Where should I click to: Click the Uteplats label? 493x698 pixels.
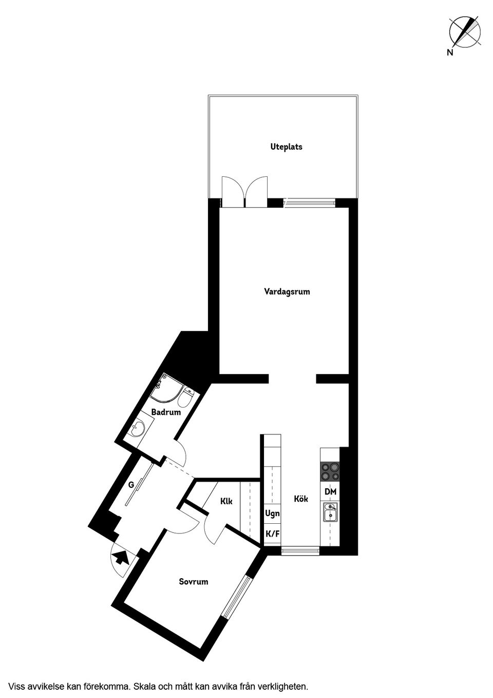[286, 147]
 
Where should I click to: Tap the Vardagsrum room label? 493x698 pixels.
[287, 292]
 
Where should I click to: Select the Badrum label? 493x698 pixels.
[166, 412]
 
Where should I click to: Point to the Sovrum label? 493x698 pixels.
[194, 582]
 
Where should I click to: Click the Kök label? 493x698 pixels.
[301, 499]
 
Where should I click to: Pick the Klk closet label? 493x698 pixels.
[226, 501]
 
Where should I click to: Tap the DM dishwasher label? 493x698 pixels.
[330, 492]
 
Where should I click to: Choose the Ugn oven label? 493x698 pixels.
[272, 513]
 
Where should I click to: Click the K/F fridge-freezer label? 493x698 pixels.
[272, 534]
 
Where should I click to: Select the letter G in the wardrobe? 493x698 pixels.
[131, 484]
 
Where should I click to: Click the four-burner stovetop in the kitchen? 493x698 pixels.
[330, 472]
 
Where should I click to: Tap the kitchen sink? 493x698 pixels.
[330, 512]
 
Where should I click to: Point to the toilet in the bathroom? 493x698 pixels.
[187, 397]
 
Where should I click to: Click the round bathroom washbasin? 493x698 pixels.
[139, 429]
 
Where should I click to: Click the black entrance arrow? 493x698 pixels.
[121, 557]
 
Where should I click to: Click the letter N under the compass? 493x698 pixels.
[450, 52]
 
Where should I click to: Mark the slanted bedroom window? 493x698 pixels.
[237, 596]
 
